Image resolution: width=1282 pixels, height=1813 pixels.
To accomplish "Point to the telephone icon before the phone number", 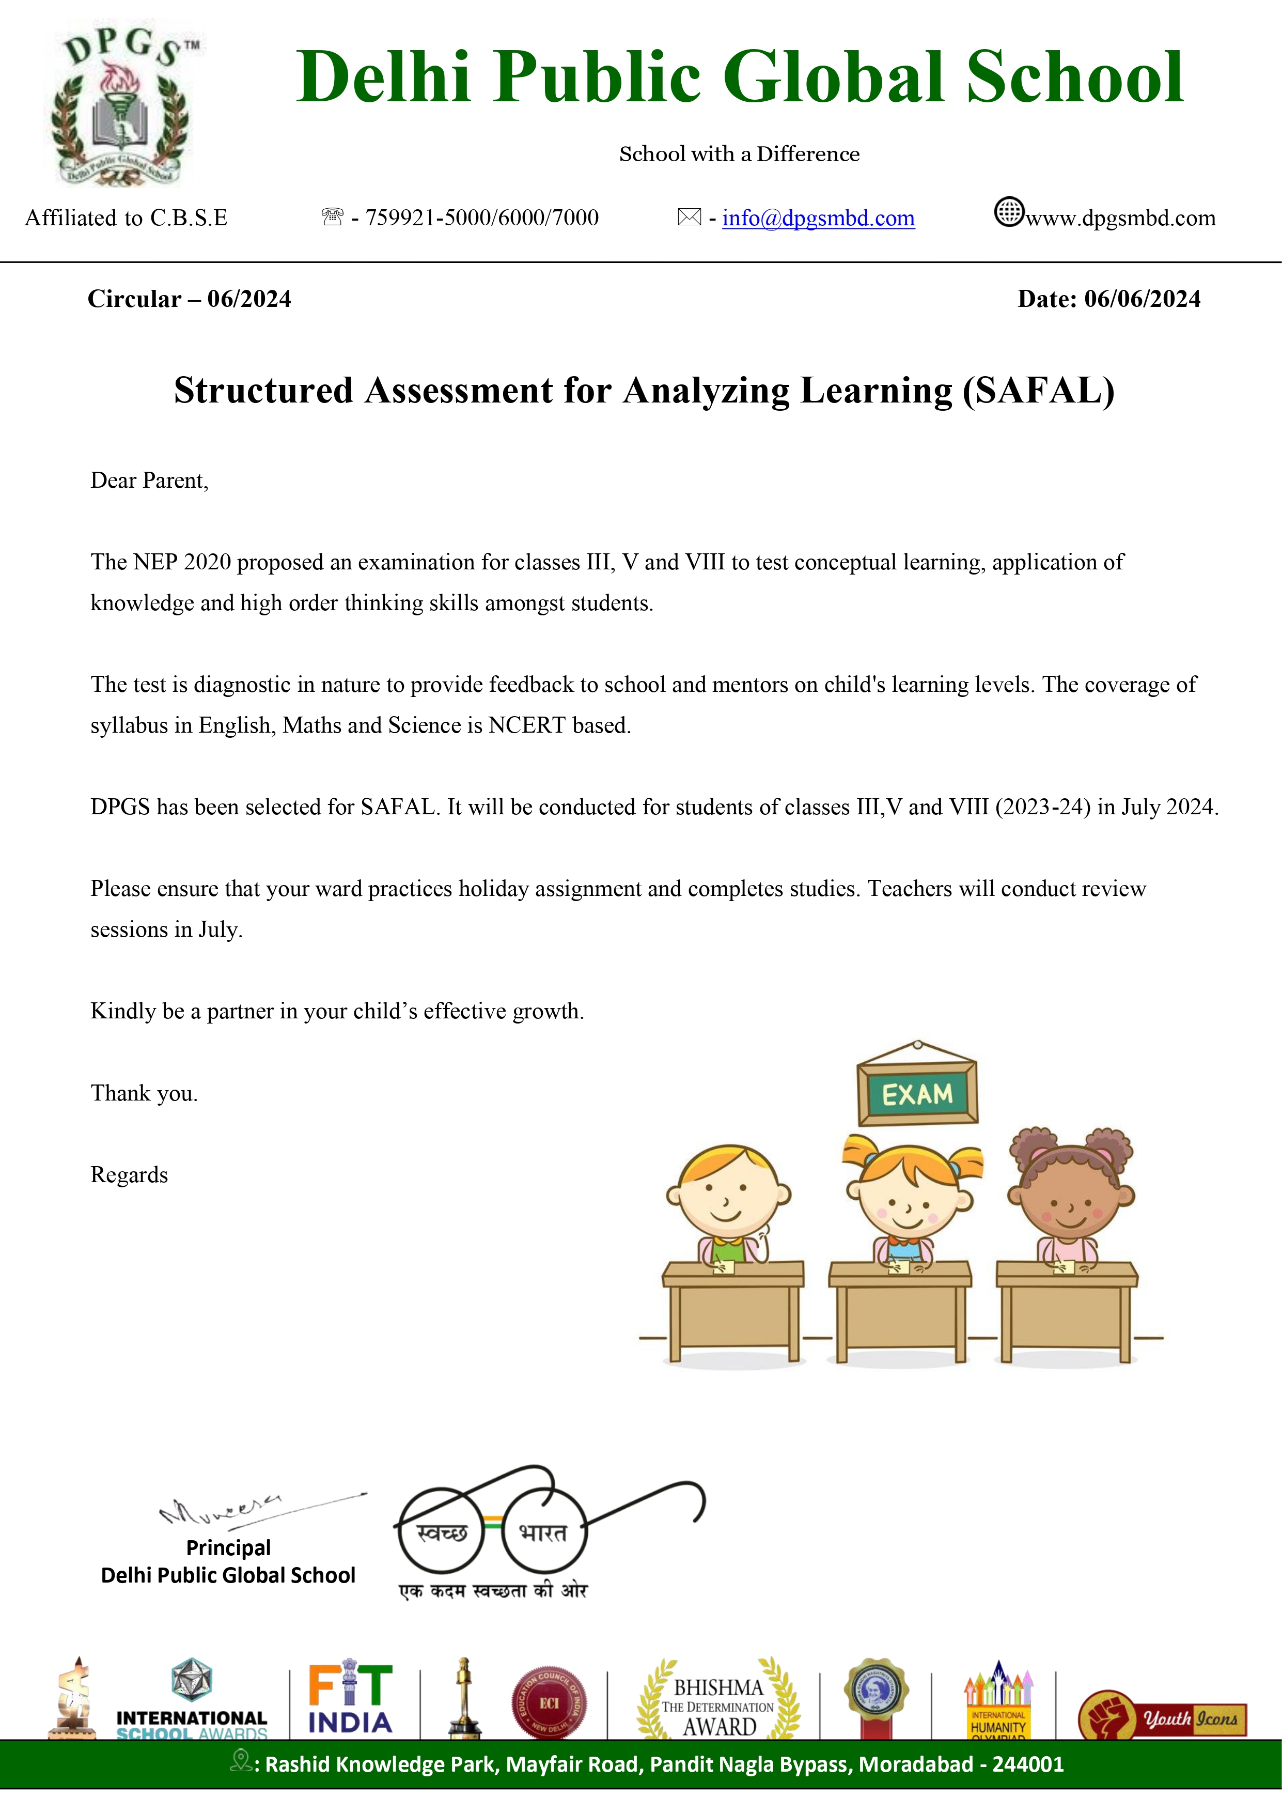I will coord(332,216).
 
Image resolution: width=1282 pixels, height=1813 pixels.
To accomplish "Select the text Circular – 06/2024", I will coord(190,299).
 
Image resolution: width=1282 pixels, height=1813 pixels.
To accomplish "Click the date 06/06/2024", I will coord(1142,299).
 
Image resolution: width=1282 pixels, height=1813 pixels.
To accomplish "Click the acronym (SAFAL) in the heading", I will coord(1038,391).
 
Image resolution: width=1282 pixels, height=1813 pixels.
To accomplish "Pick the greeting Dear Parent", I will coord(149,481).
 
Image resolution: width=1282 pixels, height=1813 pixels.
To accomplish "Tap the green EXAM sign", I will coord(917,1094).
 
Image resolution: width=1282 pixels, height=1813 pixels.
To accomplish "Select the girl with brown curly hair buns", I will coord(1070,1192).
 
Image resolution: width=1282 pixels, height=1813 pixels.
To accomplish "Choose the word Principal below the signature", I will coord(228,1547).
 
